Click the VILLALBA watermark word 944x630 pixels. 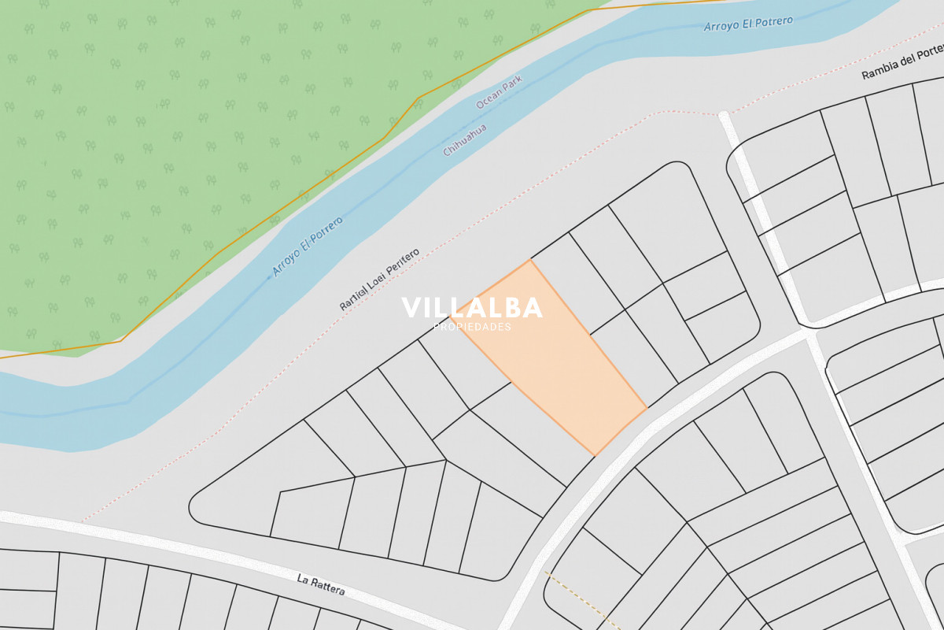point(472,308)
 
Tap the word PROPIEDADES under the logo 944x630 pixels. point(472,327)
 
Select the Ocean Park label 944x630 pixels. point(499,103)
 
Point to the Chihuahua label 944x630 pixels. point(465,140)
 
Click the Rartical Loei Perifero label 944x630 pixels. point(379,280)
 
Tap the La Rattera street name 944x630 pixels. point(321,584)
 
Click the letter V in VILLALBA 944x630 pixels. point(411,308)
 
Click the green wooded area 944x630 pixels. point(157,157)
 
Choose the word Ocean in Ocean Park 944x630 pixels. point(489,108)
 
